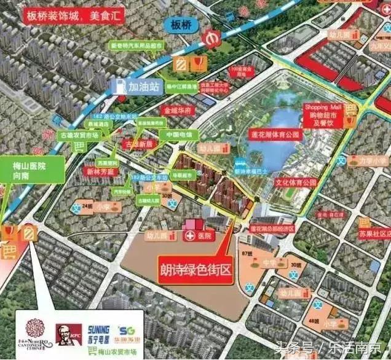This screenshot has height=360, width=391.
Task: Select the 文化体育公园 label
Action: pyautogui.click(x=294, y=182)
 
